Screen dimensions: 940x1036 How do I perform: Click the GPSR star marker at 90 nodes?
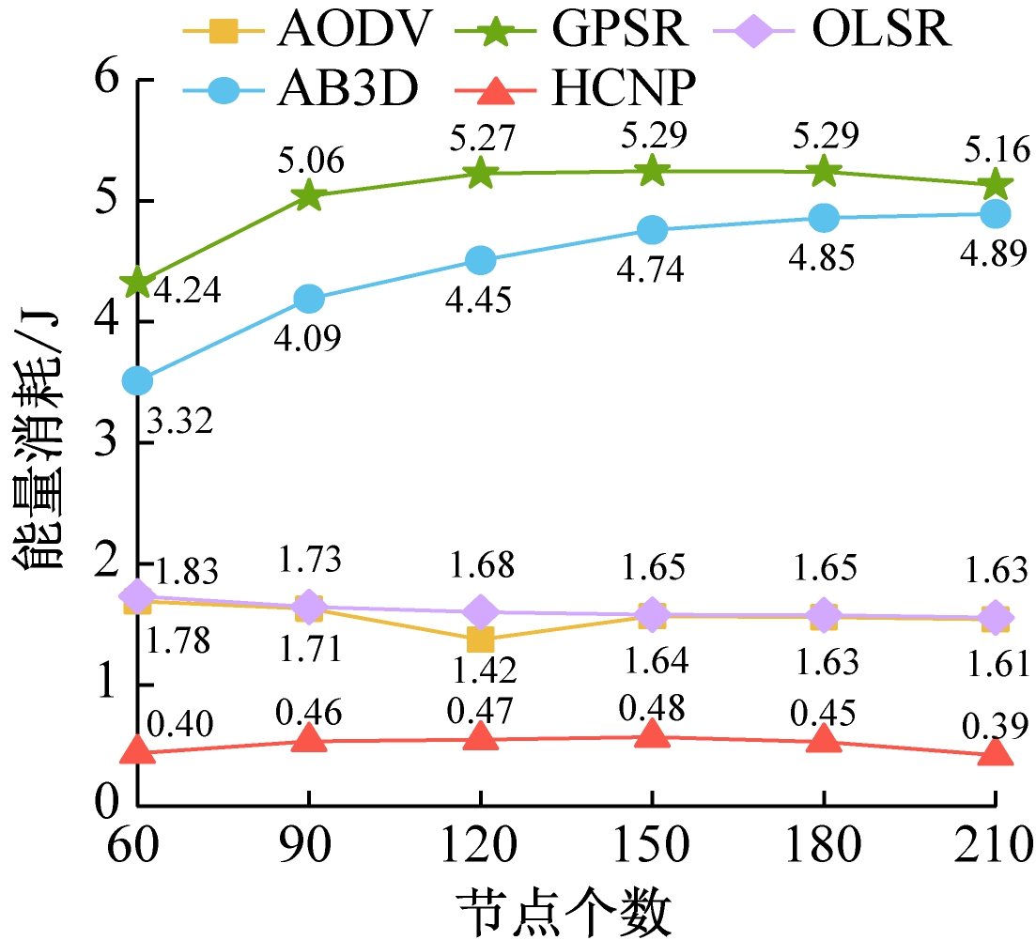click(309, 195)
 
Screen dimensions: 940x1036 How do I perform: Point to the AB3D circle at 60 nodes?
click(137, 380)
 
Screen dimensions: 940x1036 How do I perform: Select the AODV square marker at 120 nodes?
click(480, 640)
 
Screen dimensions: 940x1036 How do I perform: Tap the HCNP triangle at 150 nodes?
click(652, 735)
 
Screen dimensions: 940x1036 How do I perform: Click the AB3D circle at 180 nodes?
click(824, 218)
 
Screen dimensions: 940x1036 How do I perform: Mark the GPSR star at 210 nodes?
click(995, 184)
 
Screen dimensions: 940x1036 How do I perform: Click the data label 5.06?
click(311, 162)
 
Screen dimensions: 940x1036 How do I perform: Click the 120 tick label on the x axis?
click(480, 847)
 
